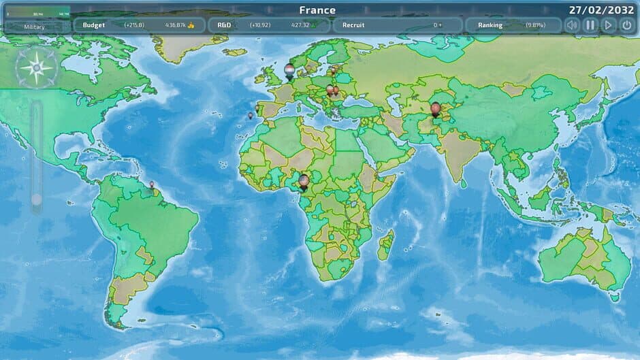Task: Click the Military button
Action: coord(35,27)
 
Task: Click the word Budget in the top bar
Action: coord(94,25)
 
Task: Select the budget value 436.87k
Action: coord(176,25)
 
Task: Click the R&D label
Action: coord(224,25)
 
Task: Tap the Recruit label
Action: coord(353,25)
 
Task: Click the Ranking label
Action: coord(490,25)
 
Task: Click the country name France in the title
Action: coord(317,10)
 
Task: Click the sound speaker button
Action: coord(572,25)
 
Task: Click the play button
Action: coord(608,25)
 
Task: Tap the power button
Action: coord(626,25)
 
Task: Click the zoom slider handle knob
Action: coord(37,199)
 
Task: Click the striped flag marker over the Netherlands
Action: coord(289,71)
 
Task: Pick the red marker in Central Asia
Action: coord(436,108)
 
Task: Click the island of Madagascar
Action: coord(385,245)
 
